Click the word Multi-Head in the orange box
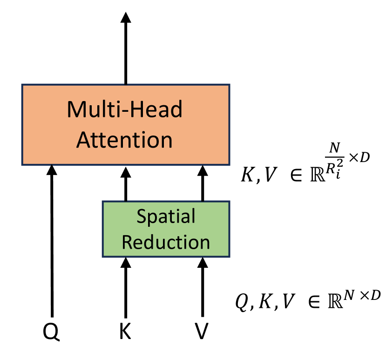(125, 109)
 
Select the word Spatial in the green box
(166, 217)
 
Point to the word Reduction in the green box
(166, 242)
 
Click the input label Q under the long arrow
(51, 332)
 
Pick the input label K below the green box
(125, 332)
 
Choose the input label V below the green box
(202, 332)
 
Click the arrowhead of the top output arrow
(125, 17)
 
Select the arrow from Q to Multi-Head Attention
(52, 242)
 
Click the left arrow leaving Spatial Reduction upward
(125, 183)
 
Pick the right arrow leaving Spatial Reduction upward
(202, 183)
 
